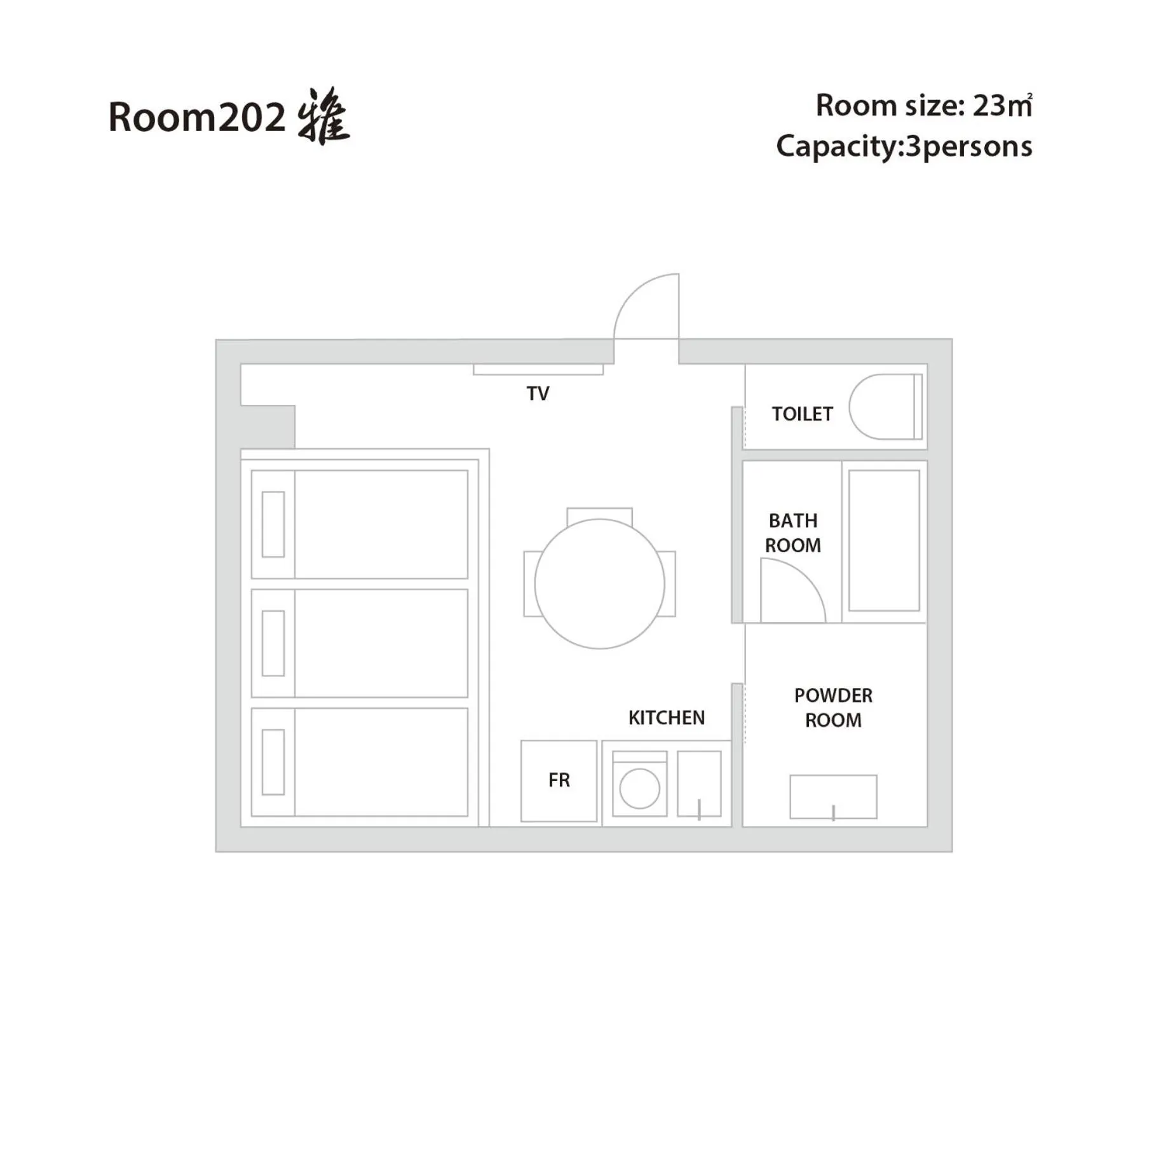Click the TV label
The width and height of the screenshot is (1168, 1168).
coord(538,393)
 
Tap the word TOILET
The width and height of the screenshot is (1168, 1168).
coord(802,414)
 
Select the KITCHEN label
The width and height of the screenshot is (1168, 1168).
coord(667,717)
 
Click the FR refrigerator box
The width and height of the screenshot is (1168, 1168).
coord(559,780)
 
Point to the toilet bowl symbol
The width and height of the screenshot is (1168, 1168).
coord(885,407)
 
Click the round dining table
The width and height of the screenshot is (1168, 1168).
coord(599,583)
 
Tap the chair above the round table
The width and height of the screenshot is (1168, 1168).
coord(599,514)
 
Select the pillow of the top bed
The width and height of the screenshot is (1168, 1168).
coord(273,524)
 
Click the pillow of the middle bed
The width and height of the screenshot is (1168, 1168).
coord(273,643)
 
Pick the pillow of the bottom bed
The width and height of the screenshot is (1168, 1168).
coord(273,762)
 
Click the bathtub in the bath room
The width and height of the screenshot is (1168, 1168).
coord(884,540)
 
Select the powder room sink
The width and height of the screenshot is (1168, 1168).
coord(833,796)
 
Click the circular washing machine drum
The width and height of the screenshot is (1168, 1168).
coord(639,789)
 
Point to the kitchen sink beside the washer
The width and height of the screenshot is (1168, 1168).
coord(699,784)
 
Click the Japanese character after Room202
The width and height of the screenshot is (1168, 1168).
coord(324,116)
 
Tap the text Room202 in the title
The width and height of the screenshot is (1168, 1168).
coord(197,117)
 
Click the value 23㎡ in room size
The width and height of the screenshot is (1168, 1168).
coord(1002,105)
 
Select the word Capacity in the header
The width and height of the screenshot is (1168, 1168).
coord(836,147)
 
